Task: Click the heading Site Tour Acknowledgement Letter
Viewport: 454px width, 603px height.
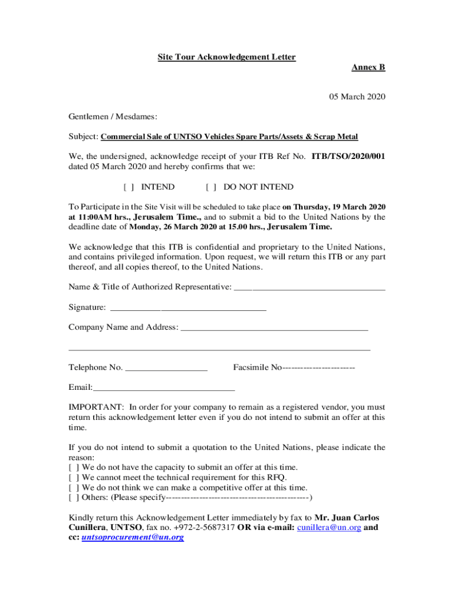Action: (226, 57)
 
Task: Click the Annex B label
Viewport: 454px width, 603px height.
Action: (368, 68)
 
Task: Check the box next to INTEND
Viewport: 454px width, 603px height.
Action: (129, 187)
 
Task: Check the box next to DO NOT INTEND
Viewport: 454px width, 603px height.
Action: (210, 187)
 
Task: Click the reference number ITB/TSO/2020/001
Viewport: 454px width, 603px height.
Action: (348, 157)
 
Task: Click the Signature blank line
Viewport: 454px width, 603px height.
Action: (188, 307)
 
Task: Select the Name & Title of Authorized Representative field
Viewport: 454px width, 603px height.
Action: (310, 287)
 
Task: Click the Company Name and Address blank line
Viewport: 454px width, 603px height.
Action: (274, 327)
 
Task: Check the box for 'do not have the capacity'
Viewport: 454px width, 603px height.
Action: (74, 467)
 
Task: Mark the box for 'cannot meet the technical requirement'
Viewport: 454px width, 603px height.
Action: (74, 478)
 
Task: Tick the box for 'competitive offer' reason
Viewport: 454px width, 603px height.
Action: (74, 488)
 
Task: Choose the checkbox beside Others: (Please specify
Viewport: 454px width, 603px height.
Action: (74, 498)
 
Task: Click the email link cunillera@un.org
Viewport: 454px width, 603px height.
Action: (329, 528)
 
